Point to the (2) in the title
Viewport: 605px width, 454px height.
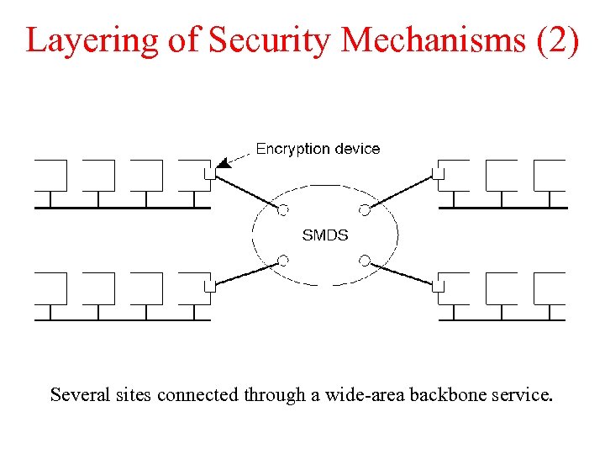556,40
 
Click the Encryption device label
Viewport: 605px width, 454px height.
318,149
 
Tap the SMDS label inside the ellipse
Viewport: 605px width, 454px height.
324,235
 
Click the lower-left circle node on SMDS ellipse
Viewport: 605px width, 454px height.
284,260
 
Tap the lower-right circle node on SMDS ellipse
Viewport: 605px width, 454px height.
365,260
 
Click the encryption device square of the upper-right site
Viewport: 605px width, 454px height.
438,174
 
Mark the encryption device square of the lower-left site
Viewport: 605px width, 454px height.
210,286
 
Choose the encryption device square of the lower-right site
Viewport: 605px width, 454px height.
438,286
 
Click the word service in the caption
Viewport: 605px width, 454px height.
522,394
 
